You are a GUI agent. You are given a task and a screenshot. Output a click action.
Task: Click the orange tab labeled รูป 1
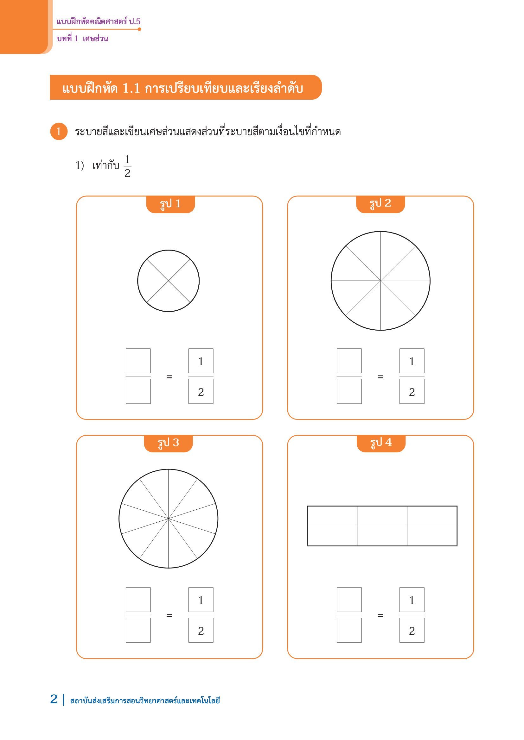[x=170, y=204]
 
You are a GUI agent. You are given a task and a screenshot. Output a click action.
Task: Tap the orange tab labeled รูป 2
[x=380, y=204]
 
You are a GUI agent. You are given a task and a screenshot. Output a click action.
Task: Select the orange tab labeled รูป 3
[x=168, y=444]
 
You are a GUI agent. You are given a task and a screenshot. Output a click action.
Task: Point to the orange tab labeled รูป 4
[x=381, y=444]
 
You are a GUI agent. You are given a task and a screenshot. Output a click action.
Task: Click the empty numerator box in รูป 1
[x=138, y=361]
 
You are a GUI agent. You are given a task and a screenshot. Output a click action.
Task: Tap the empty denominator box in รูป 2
[x=349, y=391]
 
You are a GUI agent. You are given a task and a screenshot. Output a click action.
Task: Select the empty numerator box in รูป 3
[x=138, y=600]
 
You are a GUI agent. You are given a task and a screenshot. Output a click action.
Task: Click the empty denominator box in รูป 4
[x=349, y=630]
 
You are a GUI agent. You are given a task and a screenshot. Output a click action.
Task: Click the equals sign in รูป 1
[x=169, y=376]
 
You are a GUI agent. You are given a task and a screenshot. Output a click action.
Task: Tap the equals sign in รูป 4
[x=380, y=616]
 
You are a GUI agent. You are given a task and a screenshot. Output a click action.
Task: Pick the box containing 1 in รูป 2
[x=412, y=361]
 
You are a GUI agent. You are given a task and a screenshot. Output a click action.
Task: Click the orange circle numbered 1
[x=59, y=132]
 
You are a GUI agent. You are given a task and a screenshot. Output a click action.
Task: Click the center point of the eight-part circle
[x=381, y=281]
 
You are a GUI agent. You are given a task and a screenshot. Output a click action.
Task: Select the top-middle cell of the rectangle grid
[x=382, y=516]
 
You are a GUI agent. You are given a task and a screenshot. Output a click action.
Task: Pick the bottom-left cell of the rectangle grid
[x=332, y=536]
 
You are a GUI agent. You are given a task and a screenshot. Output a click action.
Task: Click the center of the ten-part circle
[x=169, y=519]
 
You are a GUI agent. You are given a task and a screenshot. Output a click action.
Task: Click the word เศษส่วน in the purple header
[x=95, y=39]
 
